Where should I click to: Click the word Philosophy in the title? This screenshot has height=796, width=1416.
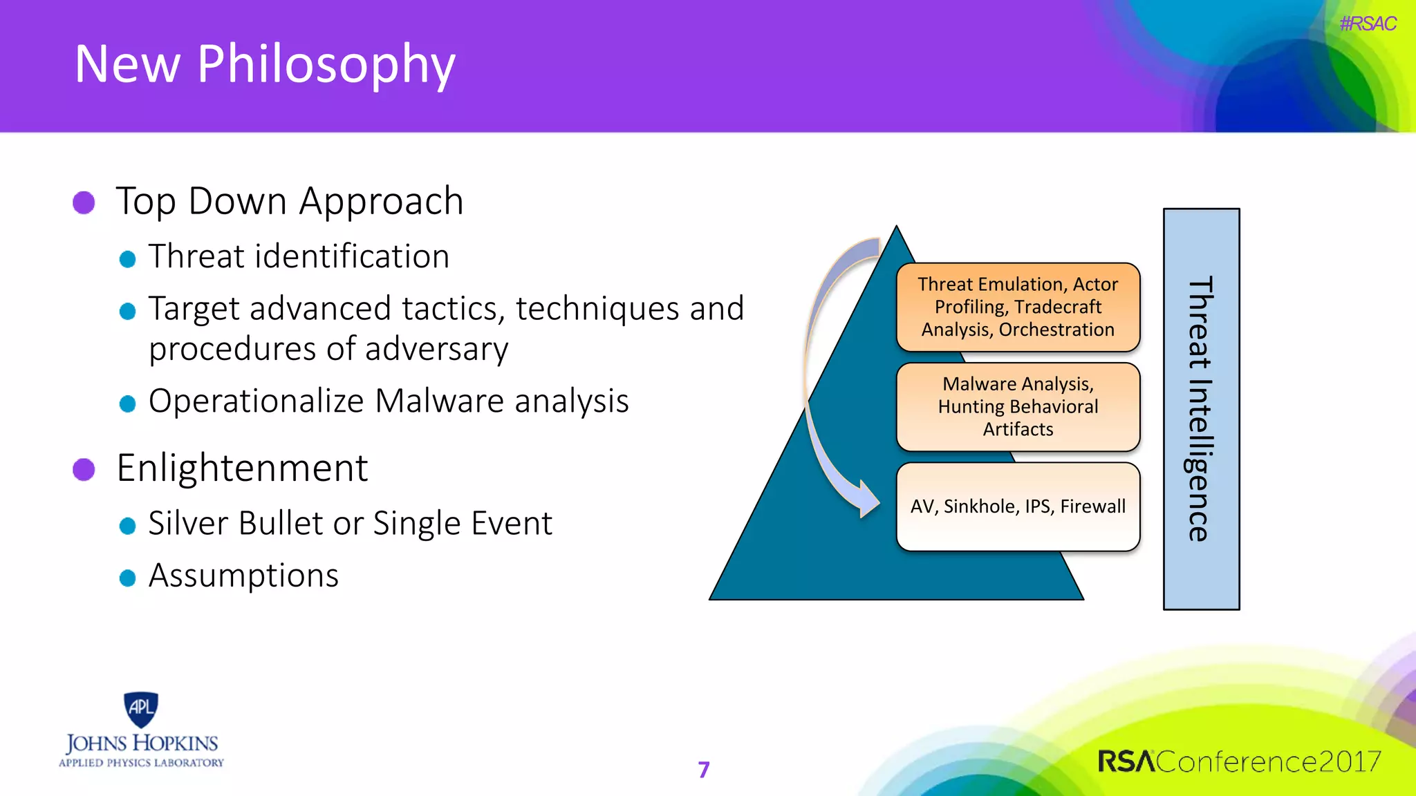click(326, 64)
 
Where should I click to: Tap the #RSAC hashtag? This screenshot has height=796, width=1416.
click(1367, 24)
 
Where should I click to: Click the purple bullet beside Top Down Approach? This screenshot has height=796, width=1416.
click(84, 202)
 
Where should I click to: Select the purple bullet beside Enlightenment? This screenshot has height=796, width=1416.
click(84, 469)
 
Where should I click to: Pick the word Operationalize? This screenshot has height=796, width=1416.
click(256, 401)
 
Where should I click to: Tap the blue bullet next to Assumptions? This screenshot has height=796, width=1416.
click(127, 578)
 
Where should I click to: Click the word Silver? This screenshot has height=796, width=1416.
click(188, 523)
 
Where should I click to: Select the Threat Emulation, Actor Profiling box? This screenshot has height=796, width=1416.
click(1017, 307)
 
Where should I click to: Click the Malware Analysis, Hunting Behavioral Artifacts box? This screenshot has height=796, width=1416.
click(1017, 406)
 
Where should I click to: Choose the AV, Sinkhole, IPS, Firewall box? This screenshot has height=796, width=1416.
click(1017, 506)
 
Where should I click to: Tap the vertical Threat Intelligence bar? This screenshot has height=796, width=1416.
click(1201, 409)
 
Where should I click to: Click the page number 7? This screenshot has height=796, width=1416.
click(704, 770)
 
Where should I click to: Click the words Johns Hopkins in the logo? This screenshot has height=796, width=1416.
click(142, 743)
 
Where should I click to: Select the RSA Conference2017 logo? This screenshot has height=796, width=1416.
click(1238, 761)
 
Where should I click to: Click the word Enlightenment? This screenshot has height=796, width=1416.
click(242, 468)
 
